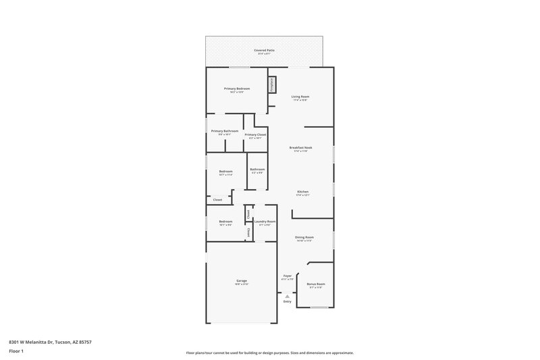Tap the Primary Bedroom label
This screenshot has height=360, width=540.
(x=237, y=88)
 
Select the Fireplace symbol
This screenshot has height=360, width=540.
(x=273, y=86)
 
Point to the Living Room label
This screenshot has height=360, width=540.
(x=300, y=97)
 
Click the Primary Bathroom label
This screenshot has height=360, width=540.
(x=224, y=131)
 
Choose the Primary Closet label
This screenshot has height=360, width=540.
(x=255, y=134)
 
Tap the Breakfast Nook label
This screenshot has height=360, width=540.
(x=300, y=147)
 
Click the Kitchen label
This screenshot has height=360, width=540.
(x=302, y=192)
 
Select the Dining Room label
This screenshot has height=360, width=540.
(x=304, y=237)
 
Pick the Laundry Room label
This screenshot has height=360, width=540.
(x=264, y=222)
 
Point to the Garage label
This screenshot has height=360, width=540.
(x=241, y=281)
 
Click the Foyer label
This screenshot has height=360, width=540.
(x=287, y=276)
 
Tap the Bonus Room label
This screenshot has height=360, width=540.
(x=316, y=284)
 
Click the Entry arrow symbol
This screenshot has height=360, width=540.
(x=287, y=295)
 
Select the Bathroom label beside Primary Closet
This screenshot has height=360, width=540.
(x=256, y=170)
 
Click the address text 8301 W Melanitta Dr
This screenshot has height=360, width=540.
(x=50, y=342)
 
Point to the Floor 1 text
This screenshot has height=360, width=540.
(x=17, y=352)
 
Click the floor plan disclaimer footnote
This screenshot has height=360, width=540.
(x=269, y=353)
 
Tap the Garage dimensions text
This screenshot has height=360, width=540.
(x=241, y=284)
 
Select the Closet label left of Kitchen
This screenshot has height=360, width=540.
(x=217, y=200)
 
